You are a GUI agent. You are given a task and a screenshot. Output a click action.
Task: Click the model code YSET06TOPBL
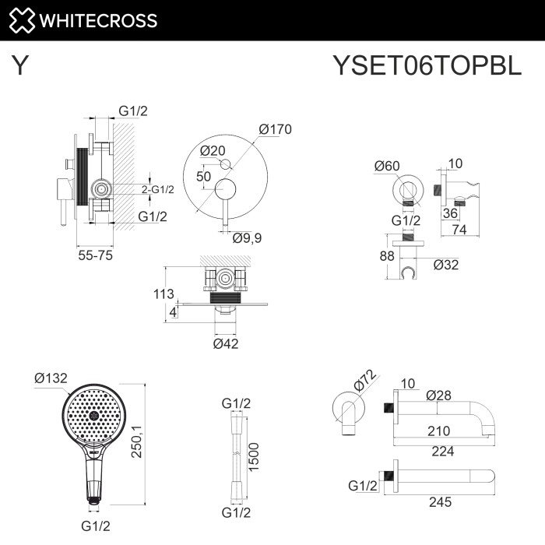click(x=427, y=66)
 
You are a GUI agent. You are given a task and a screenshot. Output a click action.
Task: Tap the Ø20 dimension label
click(x=212, y=150)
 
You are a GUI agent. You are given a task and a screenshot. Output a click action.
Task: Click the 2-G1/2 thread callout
click(x=157, y=189)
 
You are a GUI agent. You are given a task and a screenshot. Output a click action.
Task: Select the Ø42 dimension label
click(x=227, y=343)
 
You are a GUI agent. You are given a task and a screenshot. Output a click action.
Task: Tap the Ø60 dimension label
click(x=386, y=165)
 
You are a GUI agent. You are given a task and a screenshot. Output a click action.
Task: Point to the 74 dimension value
click(x=459, y=230)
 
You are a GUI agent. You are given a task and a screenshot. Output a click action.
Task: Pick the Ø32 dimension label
click(x=445, y=264)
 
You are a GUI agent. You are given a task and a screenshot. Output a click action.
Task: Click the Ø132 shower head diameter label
click(x=51, y=378)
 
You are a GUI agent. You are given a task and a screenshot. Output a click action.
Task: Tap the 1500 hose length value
click(x=254, y=457)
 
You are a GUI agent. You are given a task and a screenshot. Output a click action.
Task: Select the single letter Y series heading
click(x=21, y=66)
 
